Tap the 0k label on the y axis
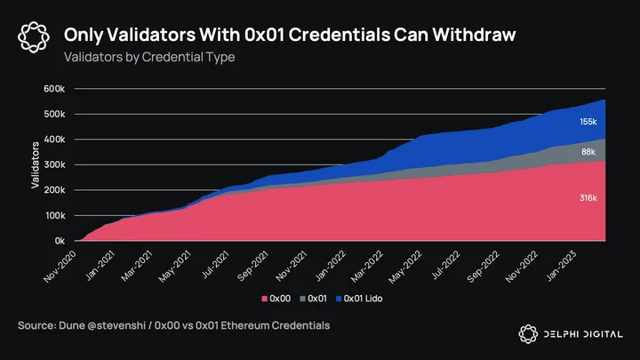click(59, 241)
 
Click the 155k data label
click(588, 122)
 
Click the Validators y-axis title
click(35, 164)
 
